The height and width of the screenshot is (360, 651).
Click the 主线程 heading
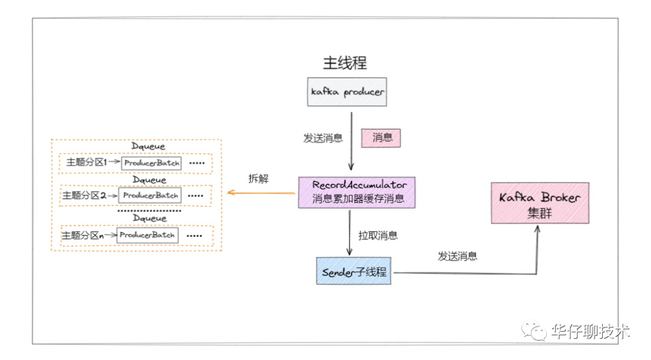(345, 63)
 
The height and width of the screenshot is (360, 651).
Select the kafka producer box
(347, 92)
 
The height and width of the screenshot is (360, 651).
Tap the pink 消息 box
(381, 138)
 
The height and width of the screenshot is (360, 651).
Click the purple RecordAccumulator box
(359, 192)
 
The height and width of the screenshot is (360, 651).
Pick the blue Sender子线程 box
(354, 271)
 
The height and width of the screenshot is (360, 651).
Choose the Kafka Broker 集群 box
(539, 203)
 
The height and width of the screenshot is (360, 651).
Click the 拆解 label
(259, 178)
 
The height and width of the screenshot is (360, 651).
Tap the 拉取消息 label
(378, 235)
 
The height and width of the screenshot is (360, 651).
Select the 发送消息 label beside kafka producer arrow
(322, 138)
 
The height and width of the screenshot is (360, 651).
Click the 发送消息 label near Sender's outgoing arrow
(458, 256)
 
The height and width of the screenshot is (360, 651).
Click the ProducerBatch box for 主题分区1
(151, 163)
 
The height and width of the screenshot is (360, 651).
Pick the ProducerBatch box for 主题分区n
(148, 235)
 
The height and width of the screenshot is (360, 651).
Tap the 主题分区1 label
(86, 163)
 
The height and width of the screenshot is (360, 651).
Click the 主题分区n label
(83, 235)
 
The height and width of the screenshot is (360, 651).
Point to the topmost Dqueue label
(148, 146)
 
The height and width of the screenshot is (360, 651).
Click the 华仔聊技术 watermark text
(590, 331)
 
